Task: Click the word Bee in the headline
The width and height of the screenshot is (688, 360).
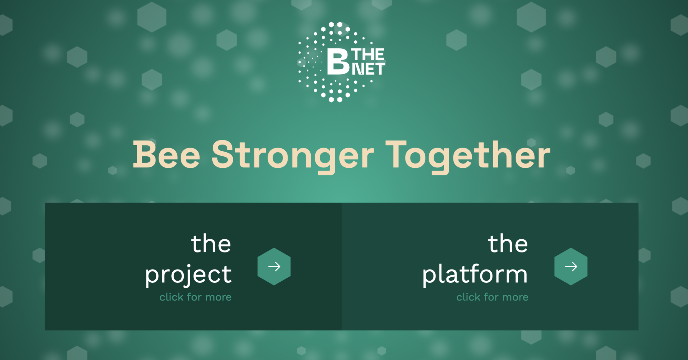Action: coord(167,154)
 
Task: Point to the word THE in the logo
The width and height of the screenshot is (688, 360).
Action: coord(368,54)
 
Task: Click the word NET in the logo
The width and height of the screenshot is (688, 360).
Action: coord(368,69)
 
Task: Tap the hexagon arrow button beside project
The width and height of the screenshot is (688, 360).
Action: coord(274,267)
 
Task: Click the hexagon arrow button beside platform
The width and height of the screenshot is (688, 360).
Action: coord(571,267)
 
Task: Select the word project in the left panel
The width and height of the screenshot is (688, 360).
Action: coord(188,275)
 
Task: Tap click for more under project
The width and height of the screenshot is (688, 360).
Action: coord(196,297)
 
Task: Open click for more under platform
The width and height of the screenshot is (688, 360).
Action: coord(492,297)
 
